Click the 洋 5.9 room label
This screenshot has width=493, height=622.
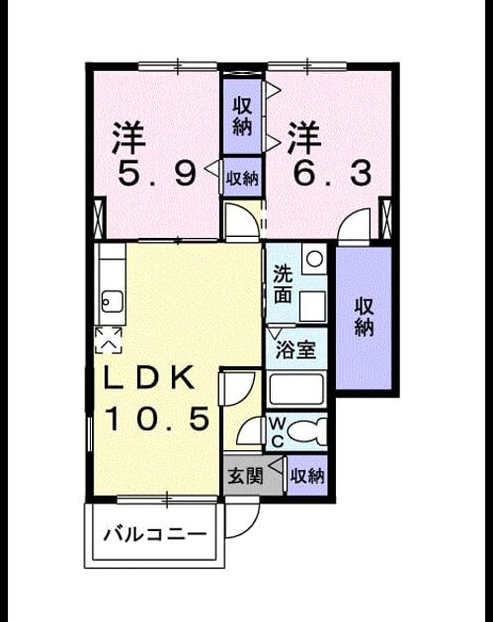(156, 154)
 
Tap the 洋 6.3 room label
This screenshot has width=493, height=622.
(331, 154)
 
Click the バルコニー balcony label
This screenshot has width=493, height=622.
(155, 534)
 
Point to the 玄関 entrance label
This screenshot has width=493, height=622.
(246, 476)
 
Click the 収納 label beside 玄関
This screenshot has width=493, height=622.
(307, 475)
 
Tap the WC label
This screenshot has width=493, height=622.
(277, 432)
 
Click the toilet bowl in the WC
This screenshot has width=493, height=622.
(307, 431)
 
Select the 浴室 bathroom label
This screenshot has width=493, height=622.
(295, 350)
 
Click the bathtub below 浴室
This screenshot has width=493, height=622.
(296, 390)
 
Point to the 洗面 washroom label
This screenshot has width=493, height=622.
(283, 284)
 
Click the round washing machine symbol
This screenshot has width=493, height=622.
(315, 259)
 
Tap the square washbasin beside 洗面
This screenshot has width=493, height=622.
(312, 306)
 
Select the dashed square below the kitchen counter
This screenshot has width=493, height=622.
(109, 340)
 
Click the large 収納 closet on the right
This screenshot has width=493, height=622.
(364, 318)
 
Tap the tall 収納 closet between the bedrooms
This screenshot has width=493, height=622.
(242, 117)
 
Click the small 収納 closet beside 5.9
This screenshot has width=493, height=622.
(242, 177)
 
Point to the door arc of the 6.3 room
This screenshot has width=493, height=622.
(354, 221)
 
